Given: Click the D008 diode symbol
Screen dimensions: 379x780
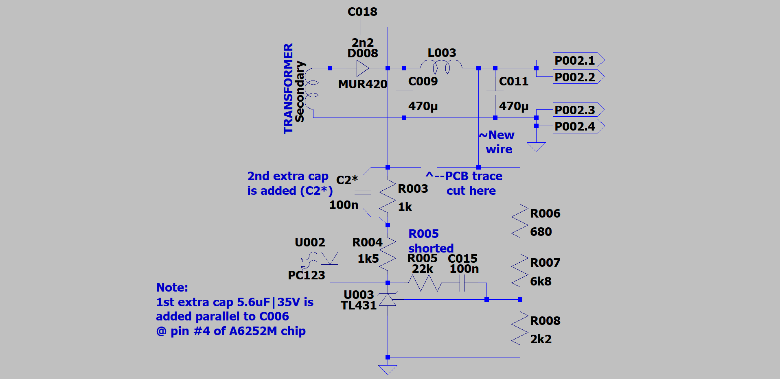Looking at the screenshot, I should [x=363, y=68].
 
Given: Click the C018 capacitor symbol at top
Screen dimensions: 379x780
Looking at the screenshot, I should [x=363, y=27].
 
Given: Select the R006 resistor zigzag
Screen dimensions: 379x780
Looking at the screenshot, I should [x=520, y=222].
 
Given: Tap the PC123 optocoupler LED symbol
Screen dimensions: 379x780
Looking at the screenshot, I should [x=330, y=258].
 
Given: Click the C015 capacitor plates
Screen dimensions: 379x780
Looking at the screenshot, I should [x=462, y=283].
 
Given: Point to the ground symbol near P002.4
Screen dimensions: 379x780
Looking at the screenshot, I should [x=536, y=146].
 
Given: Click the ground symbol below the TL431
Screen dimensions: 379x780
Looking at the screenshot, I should [x=388, y=369].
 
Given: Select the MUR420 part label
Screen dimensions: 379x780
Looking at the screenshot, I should [x=363, y=84].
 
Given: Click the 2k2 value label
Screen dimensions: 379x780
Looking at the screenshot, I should [x=541, y=339].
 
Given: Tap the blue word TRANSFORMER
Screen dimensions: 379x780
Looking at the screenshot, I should [x=288, y=89].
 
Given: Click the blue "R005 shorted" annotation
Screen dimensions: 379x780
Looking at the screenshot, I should [x=430, y=241].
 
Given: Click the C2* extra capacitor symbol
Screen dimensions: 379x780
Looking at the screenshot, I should [x=363, y=192].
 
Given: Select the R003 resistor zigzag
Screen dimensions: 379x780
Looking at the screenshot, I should [x=388, y=196].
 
